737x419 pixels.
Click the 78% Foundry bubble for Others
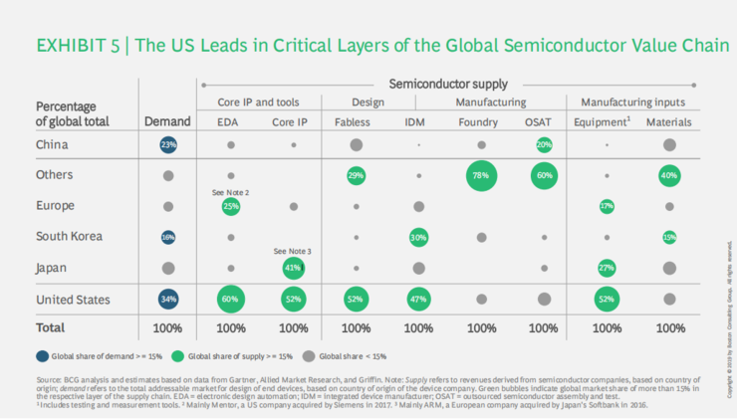point(482,176)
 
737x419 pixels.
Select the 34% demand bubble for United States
point(168,299)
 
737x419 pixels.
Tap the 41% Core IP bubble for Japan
point(293,268)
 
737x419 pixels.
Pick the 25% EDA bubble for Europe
point(231,207)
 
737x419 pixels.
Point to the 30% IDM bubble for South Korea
point(419,237)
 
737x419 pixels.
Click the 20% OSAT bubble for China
point(544,145)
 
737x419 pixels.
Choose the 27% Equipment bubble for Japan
point(607,268)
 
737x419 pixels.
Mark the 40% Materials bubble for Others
point(669,176)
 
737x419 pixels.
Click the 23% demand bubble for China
point(168,145)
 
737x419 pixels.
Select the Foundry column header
point(482,121)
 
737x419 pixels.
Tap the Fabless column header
point(356,121)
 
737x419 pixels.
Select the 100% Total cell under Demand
point(168,326)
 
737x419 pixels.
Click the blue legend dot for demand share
point(41,354)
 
